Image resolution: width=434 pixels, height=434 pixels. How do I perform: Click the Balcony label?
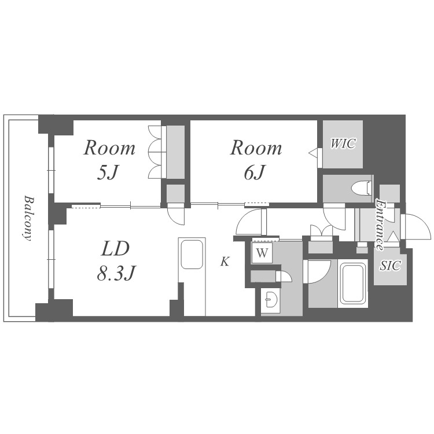point(28,218)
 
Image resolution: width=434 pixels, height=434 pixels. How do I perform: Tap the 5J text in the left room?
point(108,172)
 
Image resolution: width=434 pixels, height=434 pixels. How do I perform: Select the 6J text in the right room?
point(255,172)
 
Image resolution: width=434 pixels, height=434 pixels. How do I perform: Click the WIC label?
point(343,144)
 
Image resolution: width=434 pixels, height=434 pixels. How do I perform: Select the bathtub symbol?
point(352,282)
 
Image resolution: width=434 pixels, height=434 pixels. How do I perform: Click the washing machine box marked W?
point(262,253)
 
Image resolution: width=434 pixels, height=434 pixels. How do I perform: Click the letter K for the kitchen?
point(225,262)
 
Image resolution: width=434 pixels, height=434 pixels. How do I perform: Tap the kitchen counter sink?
point(192,254)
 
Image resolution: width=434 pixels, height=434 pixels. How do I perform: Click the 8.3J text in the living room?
point(115,274)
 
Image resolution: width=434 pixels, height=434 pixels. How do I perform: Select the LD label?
point(115,248)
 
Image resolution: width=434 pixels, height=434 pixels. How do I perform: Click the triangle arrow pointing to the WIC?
point(313,152)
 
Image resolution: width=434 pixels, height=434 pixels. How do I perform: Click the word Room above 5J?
point(109,148)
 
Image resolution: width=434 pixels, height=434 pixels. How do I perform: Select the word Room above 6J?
point(256,148)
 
